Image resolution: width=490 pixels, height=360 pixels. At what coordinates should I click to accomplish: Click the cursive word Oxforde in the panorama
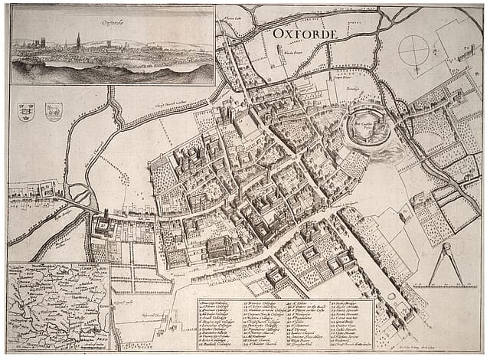(113, 23)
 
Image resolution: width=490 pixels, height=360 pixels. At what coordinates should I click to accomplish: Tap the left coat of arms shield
(26, 112)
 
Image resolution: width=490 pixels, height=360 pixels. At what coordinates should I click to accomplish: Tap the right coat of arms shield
(54, 112)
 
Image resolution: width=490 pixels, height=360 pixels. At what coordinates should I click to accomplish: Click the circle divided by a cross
(414, 52)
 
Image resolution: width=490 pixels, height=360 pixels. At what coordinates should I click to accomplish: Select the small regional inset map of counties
(58, 305)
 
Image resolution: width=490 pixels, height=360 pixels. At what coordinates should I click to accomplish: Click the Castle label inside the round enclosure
(363, 123)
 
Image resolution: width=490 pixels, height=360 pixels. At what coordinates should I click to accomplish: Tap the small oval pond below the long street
(391, 296)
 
